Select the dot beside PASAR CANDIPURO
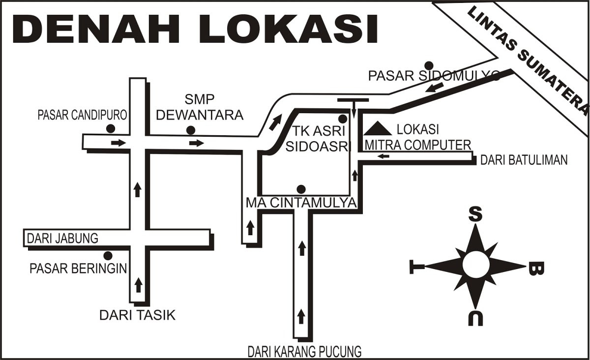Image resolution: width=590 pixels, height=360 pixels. point(110,129)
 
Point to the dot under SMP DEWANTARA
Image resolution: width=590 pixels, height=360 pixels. point(190,130)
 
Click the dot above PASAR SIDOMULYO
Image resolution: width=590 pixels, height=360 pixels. point(429,65)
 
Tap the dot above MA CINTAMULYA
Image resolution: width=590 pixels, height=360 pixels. point(301,189)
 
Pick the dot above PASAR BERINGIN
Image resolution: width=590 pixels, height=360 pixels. point(108,255)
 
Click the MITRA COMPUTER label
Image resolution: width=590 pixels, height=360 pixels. point(418,145)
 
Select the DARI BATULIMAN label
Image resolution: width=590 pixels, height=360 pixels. point(524,160)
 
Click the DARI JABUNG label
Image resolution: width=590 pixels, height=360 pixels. point(62,239)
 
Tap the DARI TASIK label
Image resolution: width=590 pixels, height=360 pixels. point(137,315)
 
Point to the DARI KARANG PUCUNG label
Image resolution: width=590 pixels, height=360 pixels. point(304,352)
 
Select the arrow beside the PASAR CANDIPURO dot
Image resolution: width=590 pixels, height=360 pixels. point(118,143)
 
